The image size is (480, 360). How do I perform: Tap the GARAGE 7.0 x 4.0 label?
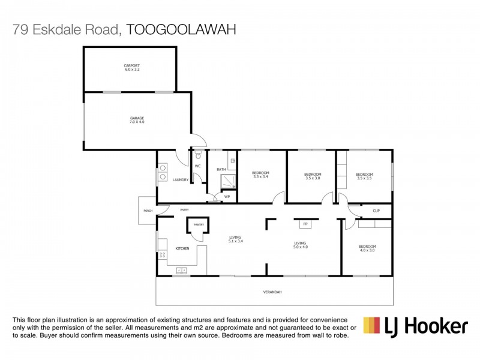pyautogui.click(x=137, y=120)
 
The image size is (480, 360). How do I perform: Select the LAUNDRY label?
pyautogui.click(x=181, y=180)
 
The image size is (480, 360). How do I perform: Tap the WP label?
pyautogui.click(x=227, y=197)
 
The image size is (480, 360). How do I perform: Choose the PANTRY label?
pyautogui.click(x=199, y=224)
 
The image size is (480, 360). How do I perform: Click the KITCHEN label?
pyautogui.click(x=182, y=248)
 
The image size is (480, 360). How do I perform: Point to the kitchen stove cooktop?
pyautogui.click(x=162, y=255)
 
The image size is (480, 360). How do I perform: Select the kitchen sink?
pyautogui.click(x=181, y=271)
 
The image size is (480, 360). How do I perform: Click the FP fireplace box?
pyautogui.click(x=305, y=224)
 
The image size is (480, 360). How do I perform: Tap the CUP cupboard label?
pyautogui.click(x=376, y=211)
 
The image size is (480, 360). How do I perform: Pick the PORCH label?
pyautogui.click(x=148, y=211)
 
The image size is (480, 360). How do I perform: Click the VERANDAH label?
pyautogui.click(x=272, y=292)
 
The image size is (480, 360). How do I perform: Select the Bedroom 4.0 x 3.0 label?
pyautogui.click(x=367, y=248)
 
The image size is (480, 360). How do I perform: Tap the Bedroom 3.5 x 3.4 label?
pyautogui.click(x=261, y=175)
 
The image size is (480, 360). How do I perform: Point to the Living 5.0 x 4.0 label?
pyautogui.click(x=300, y=245)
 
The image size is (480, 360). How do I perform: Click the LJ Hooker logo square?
pyautogui.click(x=371, y=326)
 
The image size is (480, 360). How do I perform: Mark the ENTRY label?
pyautogui.click(x=185, y=209)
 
